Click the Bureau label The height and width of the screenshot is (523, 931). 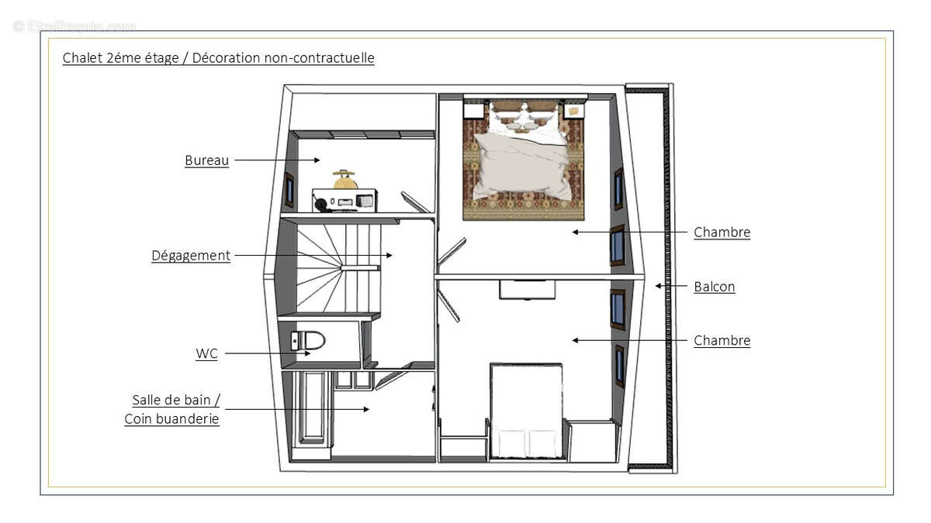tap(206, 160)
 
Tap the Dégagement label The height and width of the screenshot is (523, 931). tap(191, 255)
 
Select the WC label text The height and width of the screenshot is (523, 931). tap(206, 353)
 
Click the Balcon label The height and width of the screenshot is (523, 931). tap(714, 286)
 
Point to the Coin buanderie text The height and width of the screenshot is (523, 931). tap(171, 418)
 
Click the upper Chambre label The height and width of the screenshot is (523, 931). tap(722, 232)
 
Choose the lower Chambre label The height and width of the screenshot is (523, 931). tap(722, 340)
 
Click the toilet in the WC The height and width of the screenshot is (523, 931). tap(307, 340)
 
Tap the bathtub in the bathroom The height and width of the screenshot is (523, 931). tap(313, 408)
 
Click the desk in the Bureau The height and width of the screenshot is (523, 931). tap(344, 200)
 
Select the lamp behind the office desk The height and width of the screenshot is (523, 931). tap(344, 179)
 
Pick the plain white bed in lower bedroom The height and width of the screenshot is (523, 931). tap(526, 411)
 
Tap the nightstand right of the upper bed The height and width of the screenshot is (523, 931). tap(573, 111)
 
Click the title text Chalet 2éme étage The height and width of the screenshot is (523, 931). tap(123, 58)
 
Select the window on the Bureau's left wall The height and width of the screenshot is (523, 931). tap(289, 190)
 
